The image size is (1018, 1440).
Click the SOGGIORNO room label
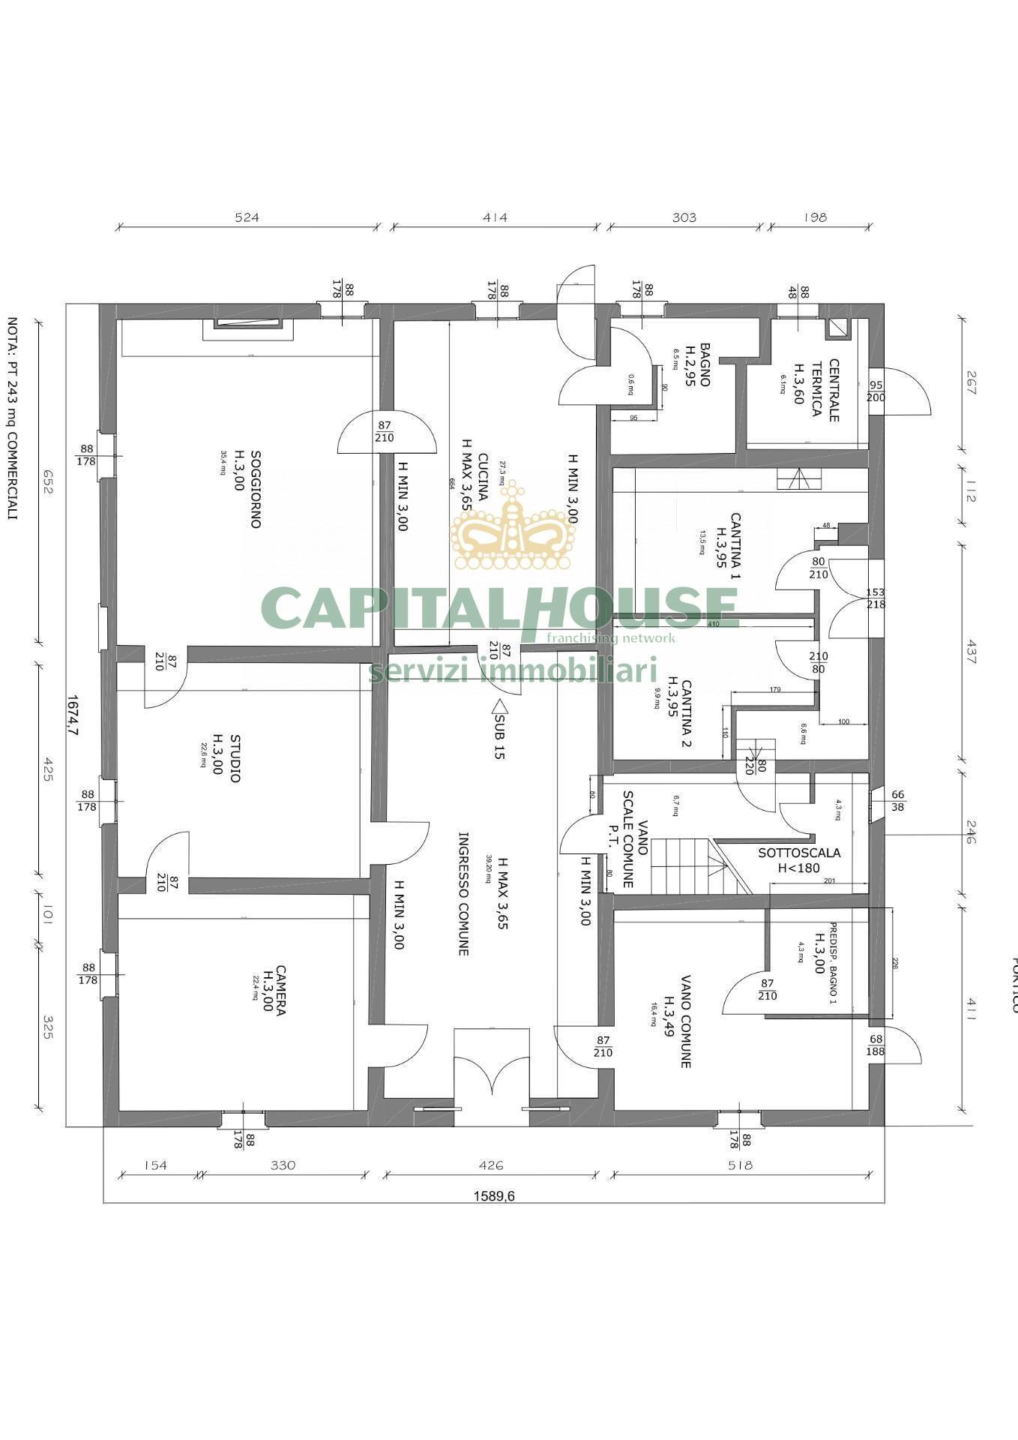[255, 489]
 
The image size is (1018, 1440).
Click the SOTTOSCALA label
[799, 853]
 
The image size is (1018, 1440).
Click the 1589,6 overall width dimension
[493, 1196]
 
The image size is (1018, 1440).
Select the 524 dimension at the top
[247, 217]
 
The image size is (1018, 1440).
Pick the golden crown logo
[513, 530]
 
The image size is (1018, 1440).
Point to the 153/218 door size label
[875, 598]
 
